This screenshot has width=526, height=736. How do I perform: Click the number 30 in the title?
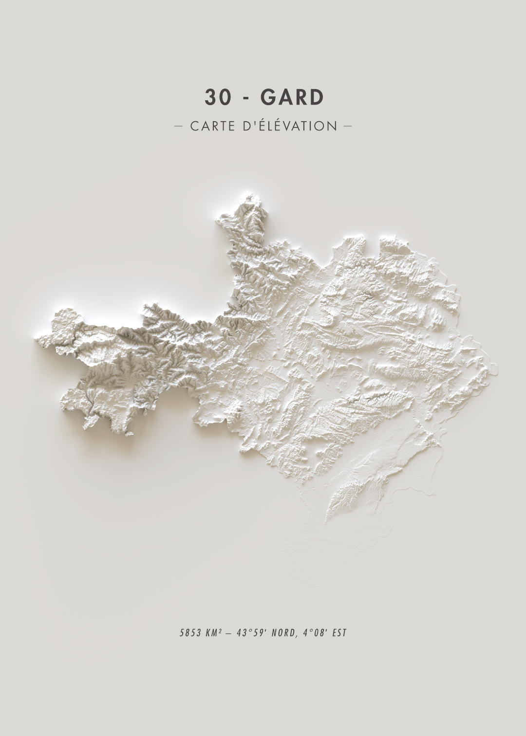217,97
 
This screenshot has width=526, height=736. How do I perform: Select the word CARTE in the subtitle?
212,126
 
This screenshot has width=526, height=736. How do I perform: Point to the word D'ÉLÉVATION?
289,126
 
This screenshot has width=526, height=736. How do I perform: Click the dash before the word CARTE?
178,126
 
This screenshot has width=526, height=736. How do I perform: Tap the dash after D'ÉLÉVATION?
348,126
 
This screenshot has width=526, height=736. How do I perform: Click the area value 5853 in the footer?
190,633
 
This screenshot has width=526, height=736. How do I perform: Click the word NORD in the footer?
282,633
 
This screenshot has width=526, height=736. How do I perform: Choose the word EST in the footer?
339,633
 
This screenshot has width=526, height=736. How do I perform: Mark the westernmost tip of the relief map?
36,339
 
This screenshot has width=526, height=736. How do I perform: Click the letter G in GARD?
269,97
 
